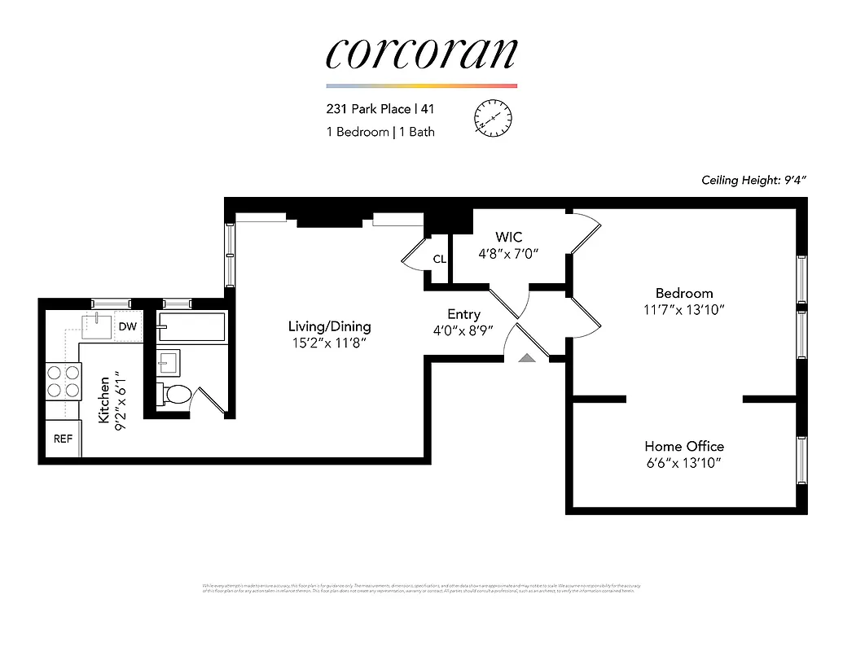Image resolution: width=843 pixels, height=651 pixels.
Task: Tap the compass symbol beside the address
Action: (x=492, y=119)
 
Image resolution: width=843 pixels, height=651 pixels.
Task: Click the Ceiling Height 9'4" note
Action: (x=758, y=181)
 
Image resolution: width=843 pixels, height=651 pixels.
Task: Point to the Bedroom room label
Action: (x=684, y=293)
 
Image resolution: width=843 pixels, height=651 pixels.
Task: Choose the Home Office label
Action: (x=684, y=446)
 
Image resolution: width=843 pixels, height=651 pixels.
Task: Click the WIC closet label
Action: (x=508, y=237)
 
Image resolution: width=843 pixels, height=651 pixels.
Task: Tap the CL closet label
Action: (x=439, y=260)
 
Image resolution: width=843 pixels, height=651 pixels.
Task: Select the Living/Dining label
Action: (x=329, y=326)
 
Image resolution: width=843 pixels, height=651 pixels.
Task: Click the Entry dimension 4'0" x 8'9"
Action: (x=463, y=330)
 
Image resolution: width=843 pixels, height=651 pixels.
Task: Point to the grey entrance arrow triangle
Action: (x=527, y=356)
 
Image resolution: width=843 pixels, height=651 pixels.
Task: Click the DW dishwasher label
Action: (x=127, y=326)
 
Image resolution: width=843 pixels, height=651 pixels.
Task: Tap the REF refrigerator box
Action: (x=63, y=439)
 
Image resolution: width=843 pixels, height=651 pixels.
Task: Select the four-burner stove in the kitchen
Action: (x=63, y=381)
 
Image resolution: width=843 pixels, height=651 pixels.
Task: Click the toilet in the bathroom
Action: (x=174, y=395)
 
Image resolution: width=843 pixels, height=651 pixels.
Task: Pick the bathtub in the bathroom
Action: (x=191, y=327)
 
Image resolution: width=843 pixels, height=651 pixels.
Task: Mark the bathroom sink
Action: (x=169, y=361)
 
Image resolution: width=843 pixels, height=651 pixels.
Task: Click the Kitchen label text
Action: (x=104, y=399)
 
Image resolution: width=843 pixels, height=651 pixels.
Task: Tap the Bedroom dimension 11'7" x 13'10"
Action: (x=684, y=310)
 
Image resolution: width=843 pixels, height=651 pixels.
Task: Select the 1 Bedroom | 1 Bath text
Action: (x=380, y=132)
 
